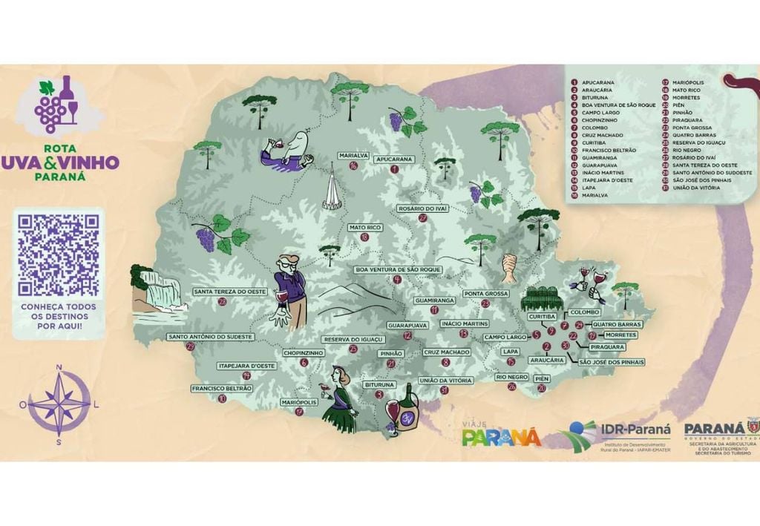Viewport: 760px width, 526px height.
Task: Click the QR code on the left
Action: click(x=59, y=254)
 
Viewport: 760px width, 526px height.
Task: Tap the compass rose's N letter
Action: click(x=59, y=366)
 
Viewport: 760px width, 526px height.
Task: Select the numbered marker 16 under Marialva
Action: click(x=353, y=165)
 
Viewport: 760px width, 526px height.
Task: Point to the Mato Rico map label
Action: click(x=364, y=227)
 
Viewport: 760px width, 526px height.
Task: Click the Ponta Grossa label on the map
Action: click(x=485, y=294)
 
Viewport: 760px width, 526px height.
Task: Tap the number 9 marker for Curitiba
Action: click(x=551, y=330)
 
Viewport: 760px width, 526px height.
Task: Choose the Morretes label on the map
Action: click(x=620, y=335)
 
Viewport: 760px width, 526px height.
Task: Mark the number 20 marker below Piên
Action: click(x=542, y=387)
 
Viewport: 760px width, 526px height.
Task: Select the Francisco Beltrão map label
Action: click(x=222, y=388)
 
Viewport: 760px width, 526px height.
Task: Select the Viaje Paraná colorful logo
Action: click(x=501, y=435)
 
